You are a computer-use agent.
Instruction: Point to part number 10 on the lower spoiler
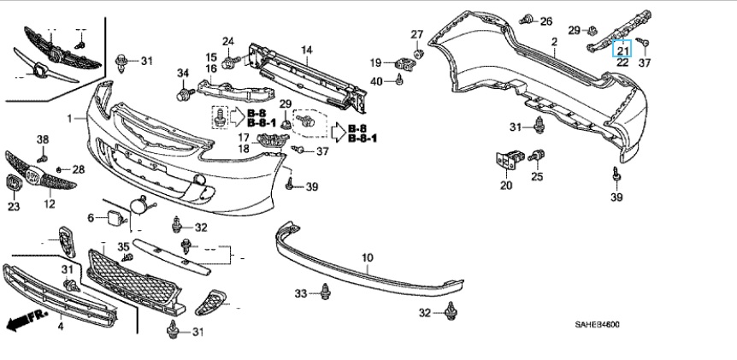tap(368, 257)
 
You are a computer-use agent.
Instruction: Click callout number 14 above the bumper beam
tap(306, 50)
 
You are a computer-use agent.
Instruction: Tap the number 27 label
tap(417, 35)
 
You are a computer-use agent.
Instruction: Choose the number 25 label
tap(537, 177)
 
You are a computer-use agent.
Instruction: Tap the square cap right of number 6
tap(111, 219)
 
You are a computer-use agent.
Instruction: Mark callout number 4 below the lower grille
tap(61, 326)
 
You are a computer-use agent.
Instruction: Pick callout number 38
tap(43, 139)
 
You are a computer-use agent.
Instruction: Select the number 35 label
tap(123, 246)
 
